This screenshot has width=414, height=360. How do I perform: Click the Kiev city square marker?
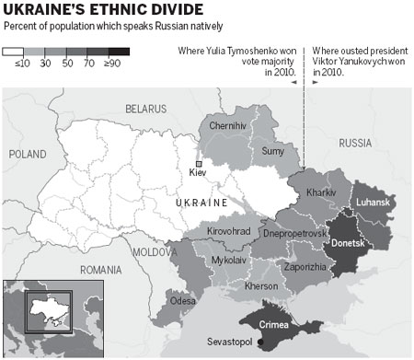(x=199, y=163)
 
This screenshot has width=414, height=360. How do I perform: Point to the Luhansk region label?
(x=373, y=202)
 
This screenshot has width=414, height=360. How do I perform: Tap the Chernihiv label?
(x=228, y=124)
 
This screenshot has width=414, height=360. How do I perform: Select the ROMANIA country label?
(x=101, y=270)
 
